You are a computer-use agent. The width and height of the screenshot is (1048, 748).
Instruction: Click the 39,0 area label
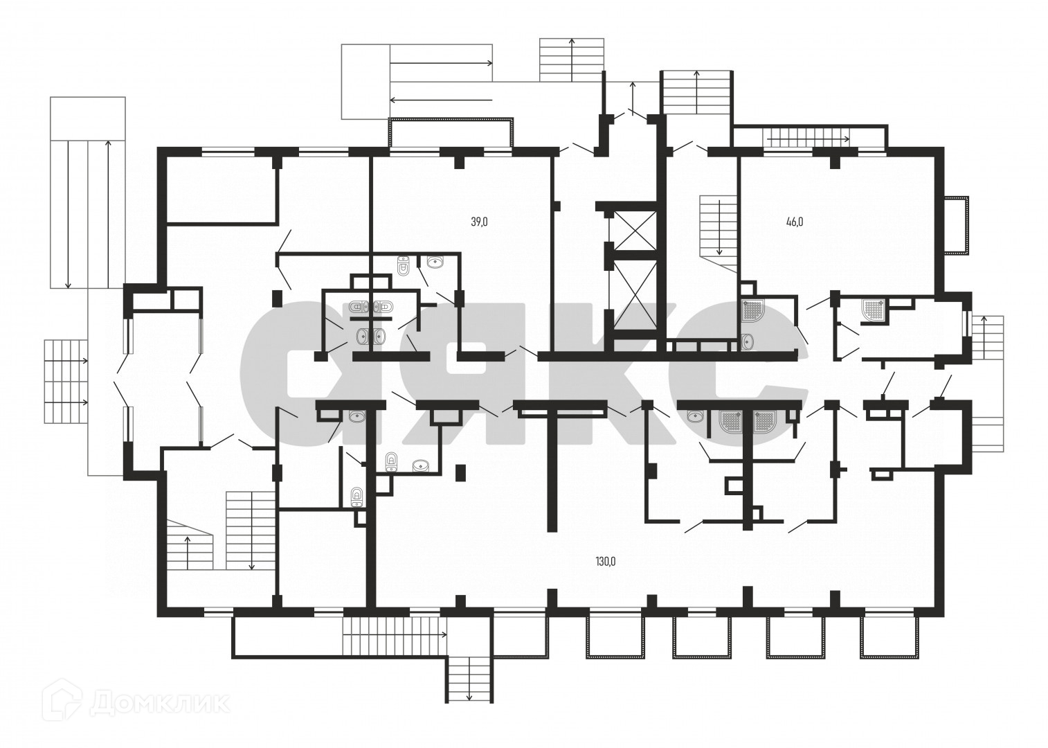(x=480, y=222)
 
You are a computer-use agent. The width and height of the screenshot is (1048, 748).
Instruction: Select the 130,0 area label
(x=604, y=562)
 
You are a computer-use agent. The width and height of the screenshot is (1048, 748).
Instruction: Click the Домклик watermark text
(x=159, y=704)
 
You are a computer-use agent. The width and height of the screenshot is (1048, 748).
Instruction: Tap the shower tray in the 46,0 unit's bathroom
(x=751, y=312)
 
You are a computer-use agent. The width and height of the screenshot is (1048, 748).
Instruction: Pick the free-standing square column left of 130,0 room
(x=460, y=473)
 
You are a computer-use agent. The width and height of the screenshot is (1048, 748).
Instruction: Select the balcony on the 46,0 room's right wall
(x=957, y=224)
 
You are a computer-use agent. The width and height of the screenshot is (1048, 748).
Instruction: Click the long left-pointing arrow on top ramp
(x=441, y=100)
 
